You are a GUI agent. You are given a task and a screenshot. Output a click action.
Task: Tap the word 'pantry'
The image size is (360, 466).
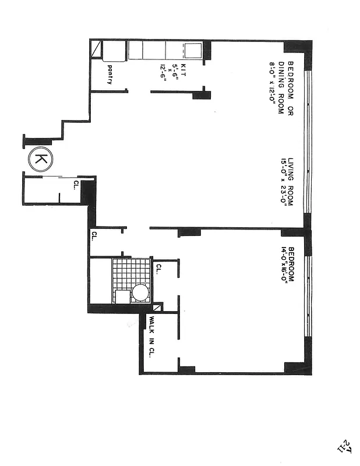tap(110, 75)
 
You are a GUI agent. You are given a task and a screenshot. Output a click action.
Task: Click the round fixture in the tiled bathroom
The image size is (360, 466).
tap(140, 292)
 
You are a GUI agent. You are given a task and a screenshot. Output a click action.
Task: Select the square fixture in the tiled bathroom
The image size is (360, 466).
tap(122, 296)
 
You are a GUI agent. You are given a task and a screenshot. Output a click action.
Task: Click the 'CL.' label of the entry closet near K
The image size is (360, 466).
tap(76, 185)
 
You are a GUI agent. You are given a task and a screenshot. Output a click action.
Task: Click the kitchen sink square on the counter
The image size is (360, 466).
tap(193, 51)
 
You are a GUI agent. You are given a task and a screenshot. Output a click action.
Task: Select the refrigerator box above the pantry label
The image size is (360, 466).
tap(115, 51)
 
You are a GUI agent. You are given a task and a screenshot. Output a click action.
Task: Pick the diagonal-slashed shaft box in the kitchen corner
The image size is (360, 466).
tap(96, 48)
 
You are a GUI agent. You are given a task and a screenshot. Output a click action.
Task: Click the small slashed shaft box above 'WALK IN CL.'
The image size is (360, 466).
tap(157, 306)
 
